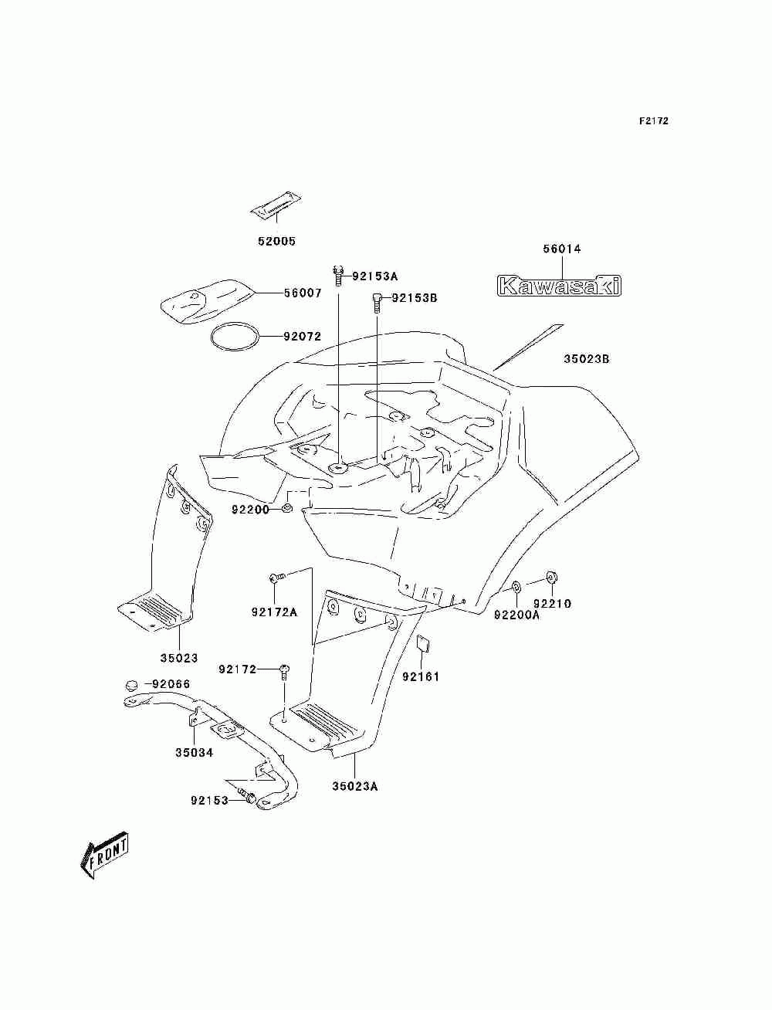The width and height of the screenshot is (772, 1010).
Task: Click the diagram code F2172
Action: click(x=653, y=121)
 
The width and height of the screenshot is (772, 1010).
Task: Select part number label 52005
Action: click(x=276, y=241)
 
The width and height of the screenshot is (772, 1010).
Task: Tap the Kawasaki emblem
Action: click(x=560, y=285)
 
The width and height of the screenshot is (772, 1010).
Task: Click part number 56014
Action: click(x=562, y=249)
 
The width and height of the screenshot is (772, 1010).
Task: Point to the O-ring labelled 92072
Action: click(x=235, y=337)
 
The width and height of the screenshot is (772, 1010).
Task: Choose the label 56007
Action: click(x=303, y=293)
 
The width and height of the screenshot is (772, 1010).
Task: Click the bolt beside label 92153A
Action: click(x=338, y=276)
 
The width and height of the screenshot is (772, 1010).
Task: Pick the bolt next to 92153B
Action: click(x=376, y=303)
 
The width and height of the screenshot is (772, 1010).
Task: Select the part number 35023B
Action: click(x=587, y=359)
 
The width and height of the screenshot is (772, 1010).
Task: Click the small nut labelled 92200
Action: click(x=287, y=508)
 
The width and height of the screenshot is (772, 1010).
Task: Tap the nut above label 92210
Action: click(x=552, y=577)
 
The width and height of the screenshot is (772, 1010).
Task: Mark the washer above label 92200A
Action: click(x=516, y=587)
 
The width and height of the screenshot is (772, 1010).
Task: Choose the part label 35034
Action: click(x=194, y=753)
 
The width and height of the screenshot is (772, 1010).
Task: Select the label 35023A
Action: click(x=354, y=786)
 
